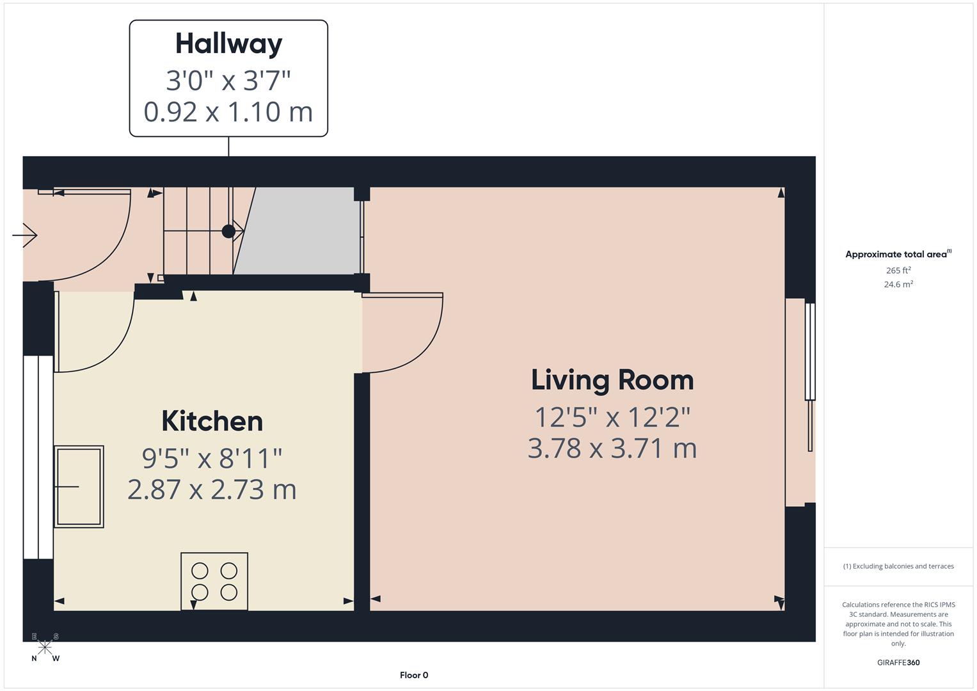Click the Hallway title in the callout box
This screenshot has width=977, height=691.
[x=228, y=44]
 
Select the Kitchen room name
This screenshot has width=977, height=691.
[x=212, y=421]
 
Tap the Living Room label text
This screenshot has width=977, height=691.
[x=612, y=380]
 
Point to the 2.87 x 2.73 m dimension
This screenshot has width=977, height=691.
[x=212, y=490]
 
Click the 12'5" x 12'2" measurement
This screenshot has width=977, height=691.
[x=612, y=417]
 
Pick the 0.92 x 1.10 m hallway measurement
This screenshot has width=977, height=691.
[x=228, y=112]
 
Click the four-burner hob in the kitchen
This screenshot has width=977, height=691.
[x=214, y=581]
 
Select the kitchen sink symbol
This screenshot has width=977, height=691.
[x=79, y=486]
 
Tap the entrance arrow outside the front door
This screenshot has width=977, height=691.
[x=25, y=235]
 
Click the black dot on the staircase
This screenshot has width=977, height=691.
[x=228, y=232]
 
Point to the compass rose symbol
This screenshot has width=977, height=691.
[x=45, y=647]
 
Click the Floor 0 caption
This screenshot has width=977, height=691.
[x=414, y=675]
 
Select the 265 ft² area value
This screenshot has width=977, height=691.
[x=898, y=271]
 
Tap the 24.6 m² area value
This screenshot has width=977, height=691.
[x=898, y=285]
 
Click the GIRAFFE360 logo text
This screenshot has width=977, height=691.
[x=898, y=662]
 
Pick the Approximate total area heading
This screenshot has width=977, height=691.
[x=898, y=254]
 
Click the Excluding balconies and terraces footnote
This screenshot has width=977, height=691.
[x=898, y=566]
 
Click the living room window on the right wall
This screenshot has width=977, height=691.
[x=810, y=352]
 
